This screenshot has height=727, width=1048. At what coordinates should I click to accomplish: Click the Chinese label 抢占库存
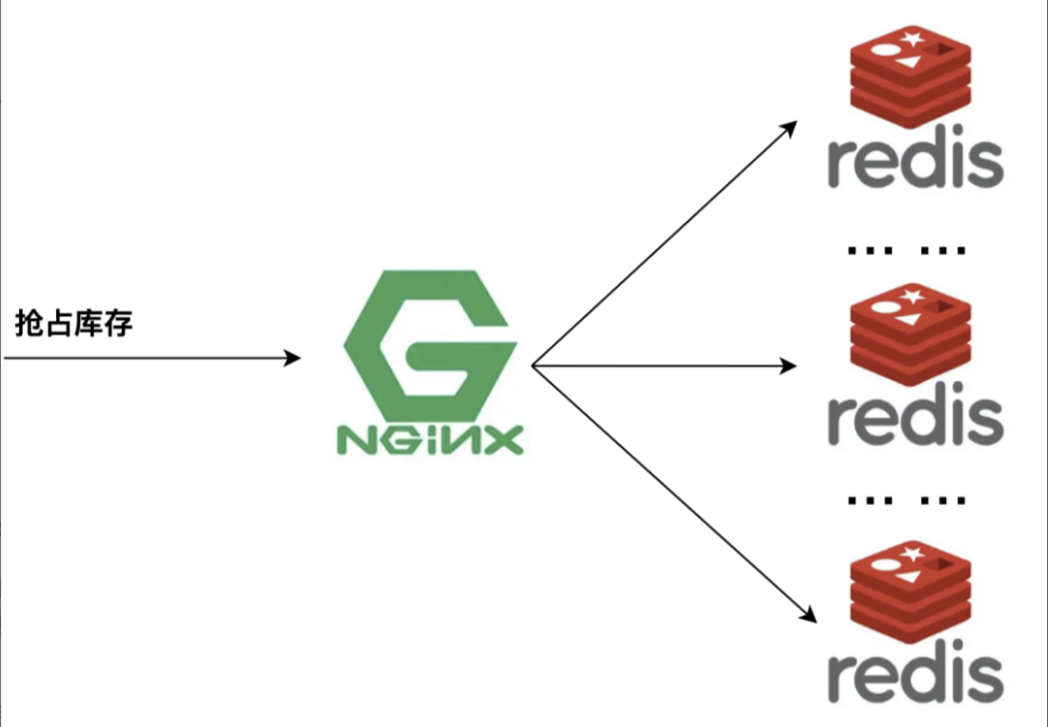[74, 324]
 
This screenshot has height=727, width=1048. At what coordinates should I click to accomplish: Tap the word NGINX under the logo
[430, 440]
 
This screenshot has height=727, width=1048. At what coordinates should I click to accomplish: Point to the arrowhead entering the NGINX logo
[293, 358]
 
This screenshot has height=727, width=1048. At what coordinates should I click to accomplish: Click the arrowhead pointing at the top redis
[790, 127]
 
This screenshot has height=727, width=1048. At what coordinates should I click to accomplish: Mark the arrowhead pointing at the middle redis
[788, 366]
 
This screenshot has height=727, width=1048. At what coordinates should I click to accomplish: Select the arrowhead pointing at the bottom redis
[808, 615]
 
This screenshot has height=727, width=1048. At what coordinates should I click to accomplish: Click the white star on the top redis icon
[909, 40]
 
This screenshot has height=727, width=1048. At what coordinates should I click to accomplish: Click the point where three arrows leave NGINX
[533, 366]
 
